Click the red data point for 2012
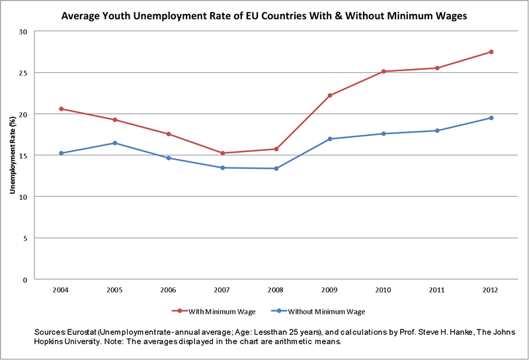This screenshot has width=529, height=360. click(491, 52)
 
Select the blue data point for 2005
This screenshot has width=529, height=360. click(115, 143)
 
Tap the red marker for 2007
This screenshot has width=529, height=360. click(222, 153)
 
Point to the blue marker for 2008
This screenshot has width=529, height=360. click(276, 168)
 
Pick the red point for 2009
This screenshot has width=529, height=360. click(329, 95)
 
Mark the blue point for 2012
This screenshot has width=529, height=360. click(491, 118)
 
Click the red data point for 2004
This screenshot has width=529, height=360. click(61, 109)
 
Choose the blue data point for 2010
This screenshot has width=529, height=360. click(384, 134)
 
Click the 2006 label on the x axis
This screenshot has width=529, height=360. click(169, 290)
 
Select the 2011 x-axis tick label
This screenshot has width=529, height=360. click(437, 290)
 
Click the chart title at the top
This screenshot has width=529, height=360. click(264, 15)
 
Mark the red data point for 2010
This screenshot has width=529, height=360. click(384, 71)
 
